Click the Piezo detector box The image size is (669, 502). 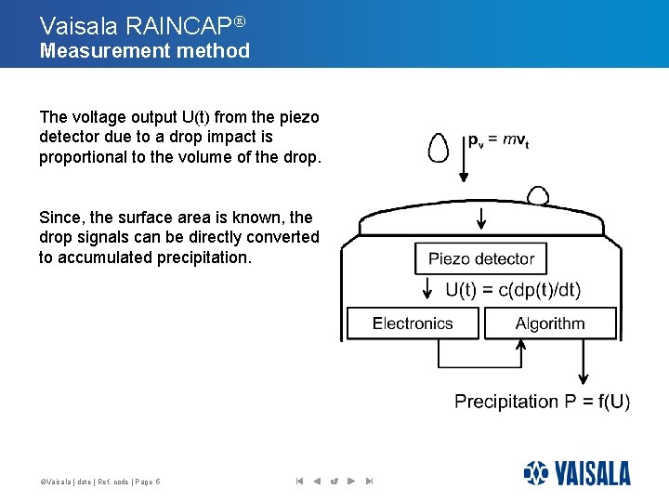[x=480, y=258]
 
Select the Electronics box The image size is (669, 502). [x=413, y=324]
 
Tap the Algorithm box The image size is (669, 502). [x=550, y=324]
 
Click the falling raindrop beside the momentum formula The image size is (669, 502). [x=437, y=148]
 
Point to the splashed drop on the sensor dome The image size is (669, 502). [x=538, y=195]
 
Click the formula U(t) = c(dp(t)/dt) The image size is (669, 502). [x=513, y=290]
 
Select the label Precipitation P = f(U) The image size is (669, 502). [x=542, y=402]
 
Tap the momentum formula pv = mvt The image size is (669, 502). [x=498, y=141]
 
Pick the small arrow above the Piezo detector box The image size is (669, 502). [x=480, y=219]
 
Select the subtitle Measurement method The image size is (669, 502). [x=145, y=50]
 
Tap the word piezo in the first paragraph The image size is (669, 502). [x=298, y=117]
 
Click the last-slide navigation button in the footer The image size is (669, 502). [x=369, y=481]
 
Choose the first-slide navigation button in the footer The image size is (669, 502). [x=299, y=481]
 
